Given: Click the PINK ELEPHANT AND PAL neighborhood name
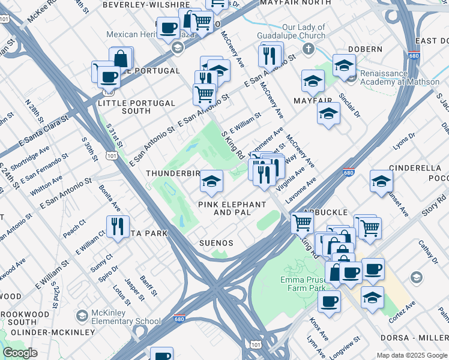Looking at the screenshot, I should click(232, 208).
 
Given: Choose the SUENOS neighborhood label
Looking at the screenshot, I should click(216, 242).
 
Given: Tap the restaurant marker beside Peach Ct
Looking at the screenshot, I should click(118, 227).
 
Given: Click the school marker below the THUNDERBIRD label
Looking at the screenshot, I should click(211, 182).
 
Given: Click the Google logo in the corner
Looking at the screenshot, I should click(20, 352).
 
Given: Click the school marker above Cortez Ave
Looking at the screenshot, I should click(372, 297).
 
